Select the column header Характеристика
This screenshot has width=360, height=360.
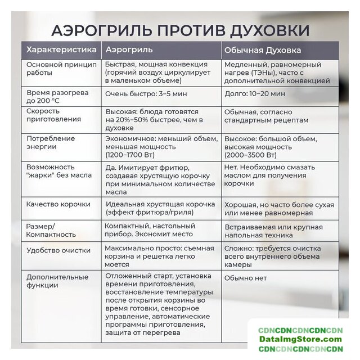(61, 50)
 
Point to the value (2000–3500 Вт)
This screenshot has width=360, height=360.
(250, 155)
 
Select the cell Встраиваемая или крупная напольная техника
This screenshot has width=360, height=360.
(273, 230)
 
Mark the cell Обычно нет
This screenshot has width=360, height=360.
(245, 278)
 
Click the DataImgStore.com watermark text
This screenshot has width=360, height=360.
(301, 339)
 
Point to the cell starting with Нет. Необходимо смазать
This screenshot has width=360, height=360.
(269, 175)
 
